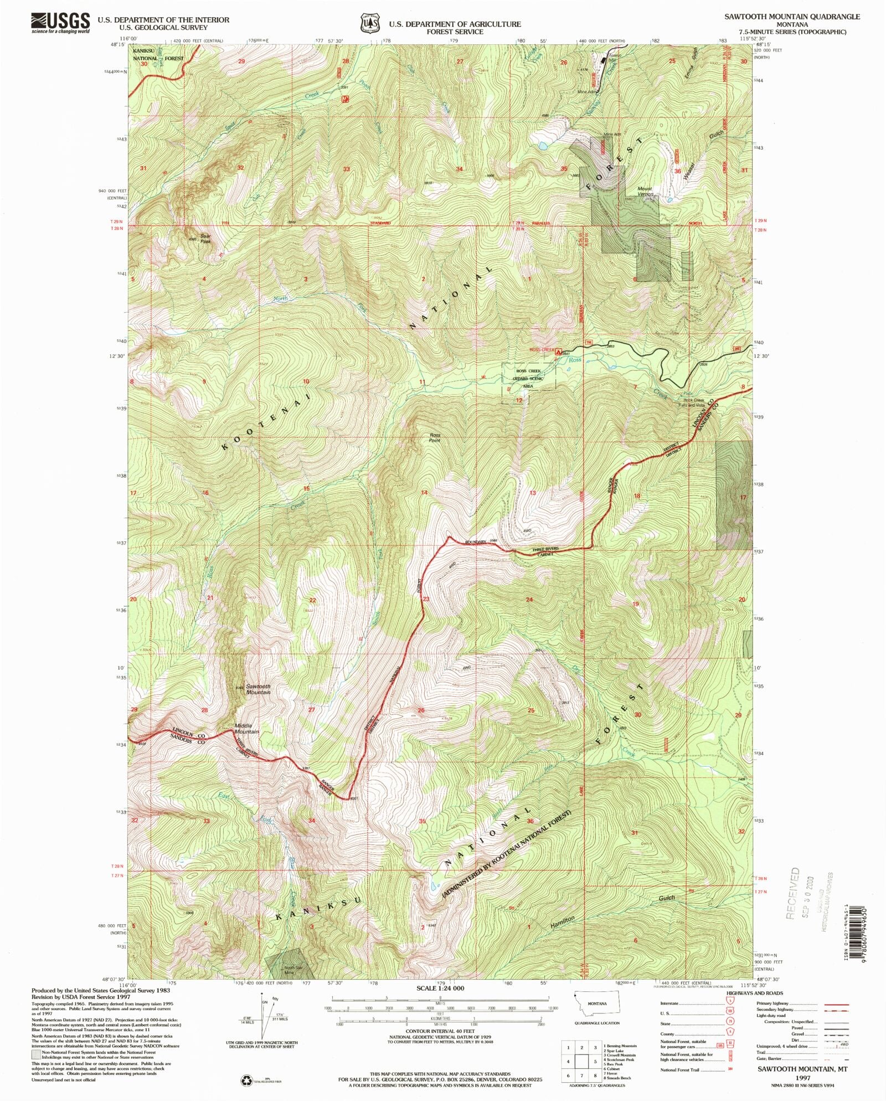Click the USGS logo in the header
click(60, 23)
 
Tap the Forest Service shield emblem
click(370, 24)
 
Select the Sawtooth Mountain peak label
click(258, 689)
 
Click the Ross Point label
click(435, 438)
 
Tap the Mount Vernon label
click(645, 191)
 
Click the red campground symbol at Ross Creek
click(560, 351)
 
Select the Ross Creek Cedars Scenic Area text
click(528, 378)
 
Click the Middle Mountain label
click(246, 729)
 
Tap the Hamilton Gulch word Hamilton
click(563, 922)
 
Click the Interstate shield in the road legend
click(731, 1002)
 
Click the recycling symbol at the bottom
click(245, 1080)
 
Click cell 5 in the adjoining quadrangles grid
click(595, 1062)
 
